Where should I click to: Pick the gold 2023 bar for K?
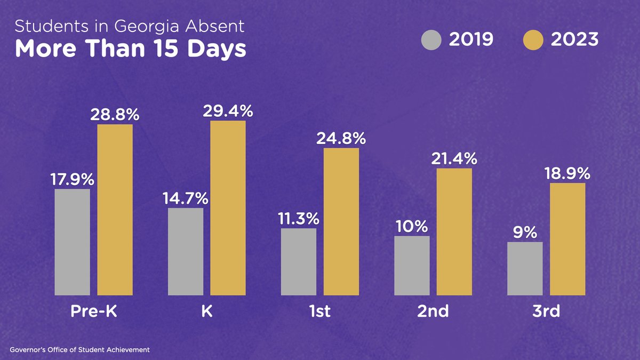pos(228,207)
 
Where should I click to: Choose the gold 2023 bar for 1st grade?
pos(341,221)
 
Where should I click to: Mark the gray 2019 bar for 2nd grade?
pos(412,265)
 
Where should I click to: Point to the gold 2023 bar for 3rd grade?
pos(567,239)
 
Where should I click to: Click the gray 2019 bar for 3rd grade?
pos(525,268)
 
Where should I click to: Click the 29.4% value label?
pos(228,111)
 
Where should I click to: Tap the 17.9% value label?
pos(72,180)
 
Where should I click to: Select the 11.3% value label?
pos(298,219)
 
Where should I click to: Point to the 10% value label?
pos(412,226)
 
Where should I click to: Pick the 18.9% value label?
pos(567,174)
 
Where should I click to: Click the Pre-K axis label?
pos(93,311)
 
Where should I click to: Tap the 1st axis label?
pos(319,311)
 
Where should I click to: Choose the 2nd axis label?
pos(433,311)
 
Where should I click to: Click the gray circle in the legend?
pos(431,40)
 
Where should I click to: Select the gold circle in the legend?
pos(532,40)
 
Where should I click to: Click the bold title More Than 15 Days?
pos(130,49)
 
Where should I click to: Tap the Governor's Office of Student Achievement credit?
pos(79,350)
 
